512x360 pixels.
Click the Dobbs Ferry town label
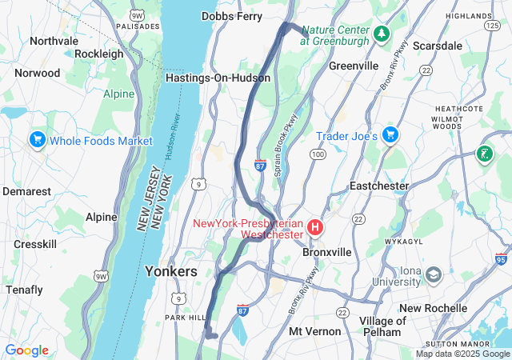232,15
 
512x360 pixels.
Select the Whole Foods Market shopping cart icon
36,140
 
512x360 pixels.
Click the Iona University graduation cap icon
433,275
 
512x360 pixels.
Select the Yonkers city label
170,271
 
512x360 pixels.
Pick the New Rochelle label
433,308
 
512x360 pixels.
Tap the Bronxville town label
327,251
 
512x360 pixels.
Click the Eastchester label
379,186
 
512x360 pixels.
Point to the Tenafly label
24,289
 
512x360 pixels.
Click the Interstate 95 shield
502,259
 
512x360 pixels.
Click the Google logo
26,350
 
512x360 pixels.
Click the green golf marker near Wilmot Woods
484,154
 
